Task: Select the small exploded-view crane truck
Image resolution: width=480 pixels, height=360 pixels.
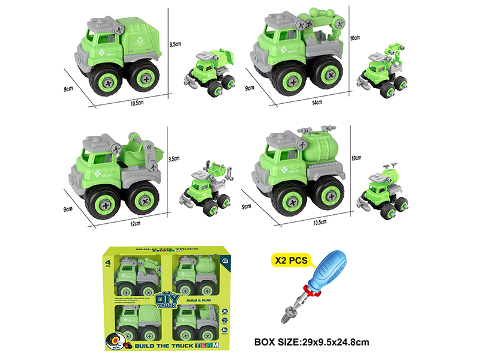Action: point(383,69)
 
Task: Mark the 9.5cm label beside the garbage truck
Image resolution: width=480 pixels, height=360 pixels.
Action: point(175,44)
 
